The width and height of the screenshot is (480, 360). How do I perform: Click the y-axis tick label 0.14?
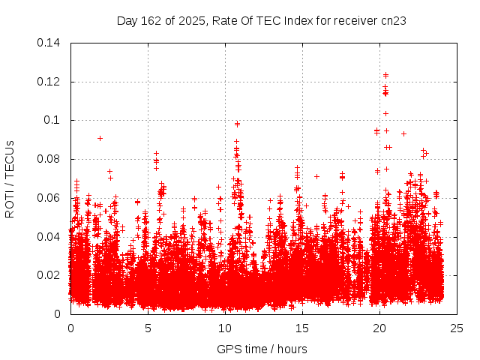click(50, 42)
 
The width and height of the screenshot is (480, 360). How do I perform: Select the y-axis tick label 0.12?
click(50, 81)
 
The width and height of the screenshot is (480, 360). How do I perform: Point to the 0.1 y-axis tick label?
click(53, 120)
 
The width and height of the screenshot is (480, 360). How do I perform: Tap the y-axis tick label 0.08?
click(50, 159)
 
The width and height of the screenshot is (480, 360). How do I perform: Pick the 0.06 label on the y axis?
click(50, 198)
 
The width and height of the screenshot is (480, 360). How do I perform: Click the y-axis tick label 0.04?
click(50, 237)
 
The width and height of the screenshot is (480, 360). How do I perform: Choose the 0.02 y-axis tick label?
click(50, 275)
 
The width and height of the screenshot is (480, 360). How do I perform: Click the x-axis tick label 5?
click(148, 328)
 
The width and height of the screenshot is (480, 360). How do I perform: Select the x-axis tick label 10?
click(225, 328)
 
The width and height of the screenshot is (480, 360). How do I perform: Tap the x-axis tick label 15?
click(302, 328)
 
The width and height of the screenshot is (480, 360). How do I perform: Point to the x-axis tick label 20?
click(379, 328)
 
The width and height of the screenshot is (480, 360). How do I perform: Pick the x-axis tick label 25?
click(457, 328)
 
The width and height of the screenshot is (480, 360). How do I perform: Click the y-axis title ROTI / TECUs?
click(10, 178)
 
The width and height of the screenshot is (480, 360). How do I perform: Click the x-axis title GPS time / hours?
click(262, 349)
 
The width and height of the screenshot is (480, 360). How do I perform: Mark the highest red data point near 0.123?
click(385, 75)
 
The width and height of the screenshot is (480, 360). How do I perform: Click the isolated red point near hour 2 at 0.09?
click(100, 138)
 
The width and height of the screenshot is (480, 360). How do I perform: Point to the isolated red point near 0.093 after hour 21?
click(403, 133)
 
